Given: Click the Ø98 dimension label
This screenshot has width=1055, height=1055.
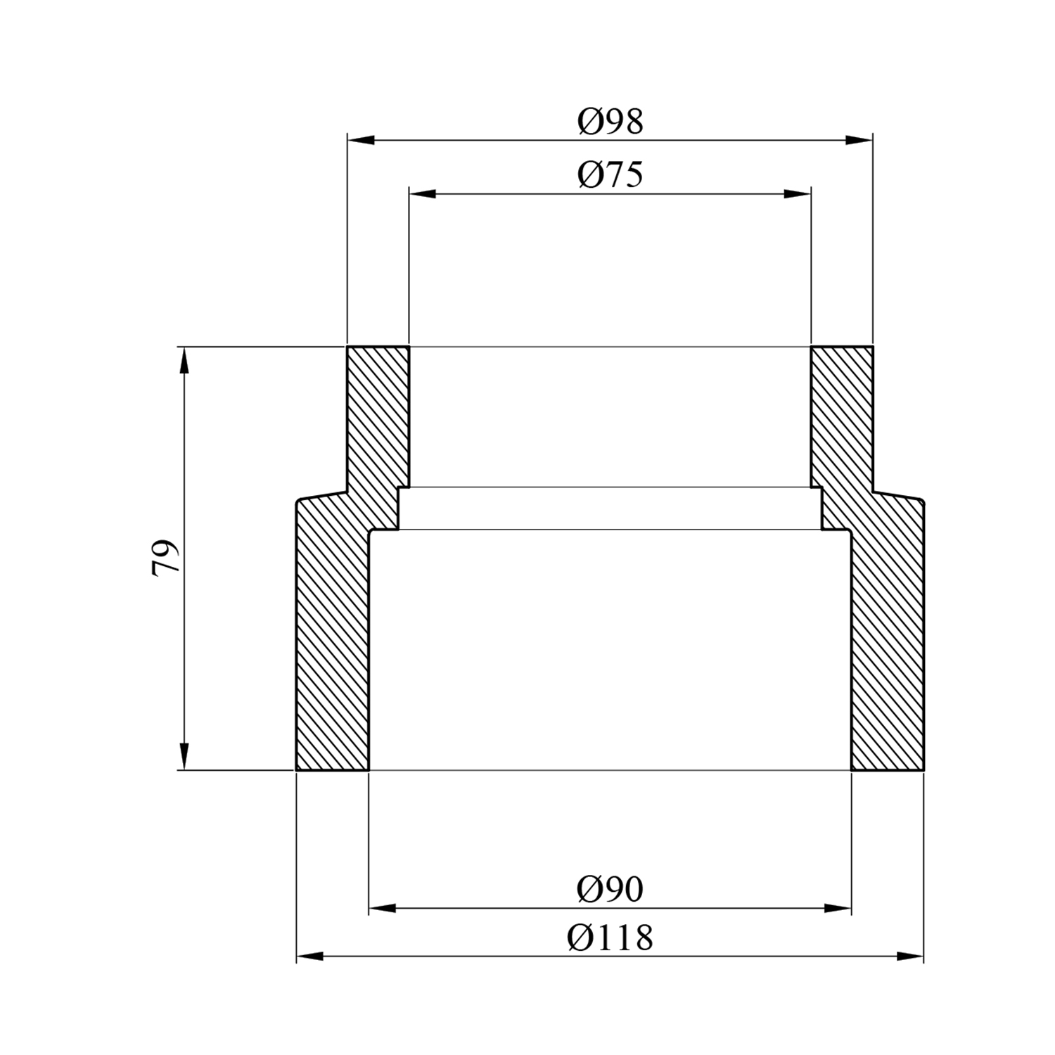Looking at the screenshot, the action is (610, 122).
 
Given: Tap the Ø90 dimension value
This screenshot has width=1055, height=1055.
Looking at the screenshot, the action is (610, 890).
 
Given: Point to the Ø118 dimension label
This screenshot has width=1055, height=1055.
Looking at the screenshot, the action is (610, 938).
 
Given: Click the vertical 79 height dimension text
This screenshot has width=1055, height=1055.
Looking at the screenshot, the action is (166, 558).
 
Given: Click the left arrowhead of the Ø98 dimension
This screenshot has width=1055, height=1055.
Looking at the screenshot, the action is (361, 140).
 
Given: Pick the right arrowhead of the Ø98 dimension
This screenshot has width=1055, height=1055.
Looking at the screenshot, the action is (859, 140).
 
